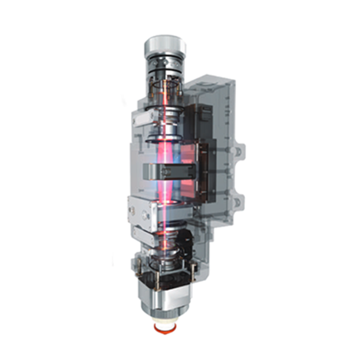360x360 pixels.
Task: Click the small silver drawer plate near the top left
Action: point(144,118)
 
